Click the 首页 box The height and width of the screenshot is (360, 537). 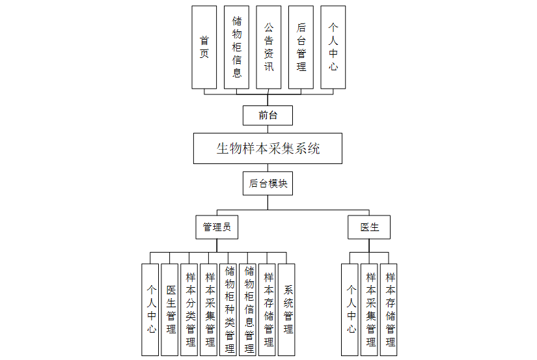tap(204, 48)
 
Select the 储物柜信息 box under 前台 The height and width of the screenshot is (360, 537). tap(236, 48)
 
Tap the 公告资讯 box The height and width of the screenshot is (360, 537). tap(269, 48)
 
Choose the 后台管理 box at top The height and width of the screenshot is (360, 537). tap(301, 48)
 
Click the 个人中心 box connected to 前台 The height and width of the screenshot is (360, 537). tap(333, 48)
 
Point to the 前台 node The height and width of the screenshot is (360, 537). tap(268, 116)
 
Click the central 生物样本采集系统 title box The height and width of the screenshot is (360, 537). tap(268, 148)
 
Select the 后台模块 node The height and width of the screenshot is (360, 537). tap(268, 184)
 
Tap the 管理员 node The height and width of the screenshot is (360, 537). tap(217, 228)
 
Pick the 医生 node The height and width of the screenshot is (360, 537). tap(369, 228)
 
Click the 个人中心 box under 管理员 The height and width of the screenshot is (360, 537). tap(150, 309)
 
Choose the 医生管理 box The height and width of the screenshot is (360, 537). tap(170, 309)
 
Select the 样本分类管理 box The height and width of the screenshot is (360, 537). tap(189, 309)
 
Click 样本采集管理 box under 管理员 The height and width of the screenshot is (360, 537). tap(209, 309)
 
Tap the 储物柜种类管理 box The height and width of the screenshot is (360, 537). tap(228, 309)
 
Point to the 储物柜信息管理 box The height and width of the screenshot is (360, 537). tap(248, 309)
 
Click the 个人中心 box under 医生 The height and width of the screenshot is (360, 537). tap(350, 309)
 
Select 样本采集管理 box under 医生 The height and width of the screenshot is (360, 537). tap(370, 309)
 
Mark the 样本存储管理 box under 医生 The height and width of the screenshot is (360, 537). tap(389, 309)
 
